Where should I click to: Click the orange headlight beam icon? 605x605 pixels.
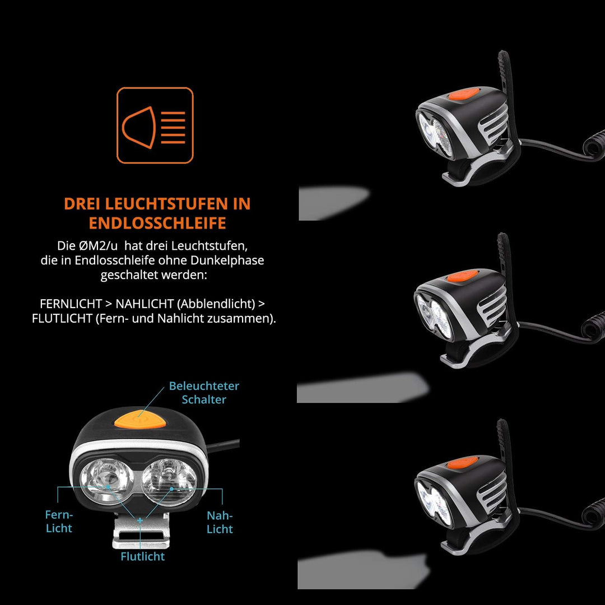[x=155, y=125]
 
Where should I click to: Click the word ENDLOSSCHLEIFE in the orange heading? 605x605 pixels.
[x=157, y=223]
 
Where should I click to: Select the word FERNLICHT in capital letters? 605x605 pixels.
[x=71, y=304]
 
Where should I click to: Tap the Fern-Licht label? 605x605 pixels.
[x=59, y=521]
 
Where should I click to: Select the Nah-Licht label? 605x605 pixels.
[x=220, y=522]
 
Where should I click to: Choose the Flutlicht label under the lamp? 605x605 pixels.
[x=143, y=556]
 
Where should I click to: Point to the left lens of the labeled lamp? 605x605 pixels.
[x=107, y=480]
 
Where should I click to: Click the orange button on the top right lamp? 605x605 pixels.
[x=464, y=95]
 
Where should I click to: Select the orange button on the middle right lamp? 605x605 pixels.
[x=462, y=277]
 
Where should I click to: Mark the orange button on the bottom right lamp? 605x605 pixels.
[x=462, y=462]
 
